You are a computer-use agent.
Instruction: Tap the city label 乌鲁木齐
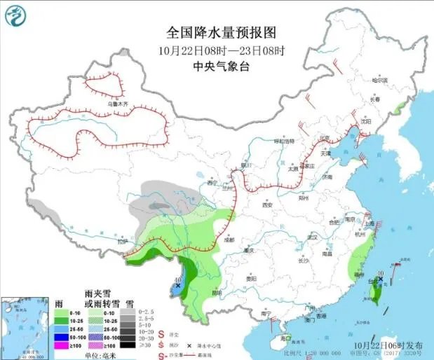point(118,104)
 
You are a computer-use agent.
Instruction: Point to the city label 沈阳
point(365,120)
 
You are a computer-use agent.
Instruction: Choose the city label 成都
point(229,240)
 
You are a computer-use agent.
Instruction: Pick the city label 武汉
point(301,237)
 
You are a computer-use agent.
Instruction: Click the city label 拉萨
point(123,241)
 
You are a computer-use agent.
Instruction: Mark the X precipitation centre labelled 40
point(179,286)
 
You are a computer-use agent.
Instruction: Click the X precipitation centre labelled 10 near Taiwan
point(379,279)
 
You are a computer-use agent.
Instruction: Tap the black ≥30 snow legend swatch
point(127,345)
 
